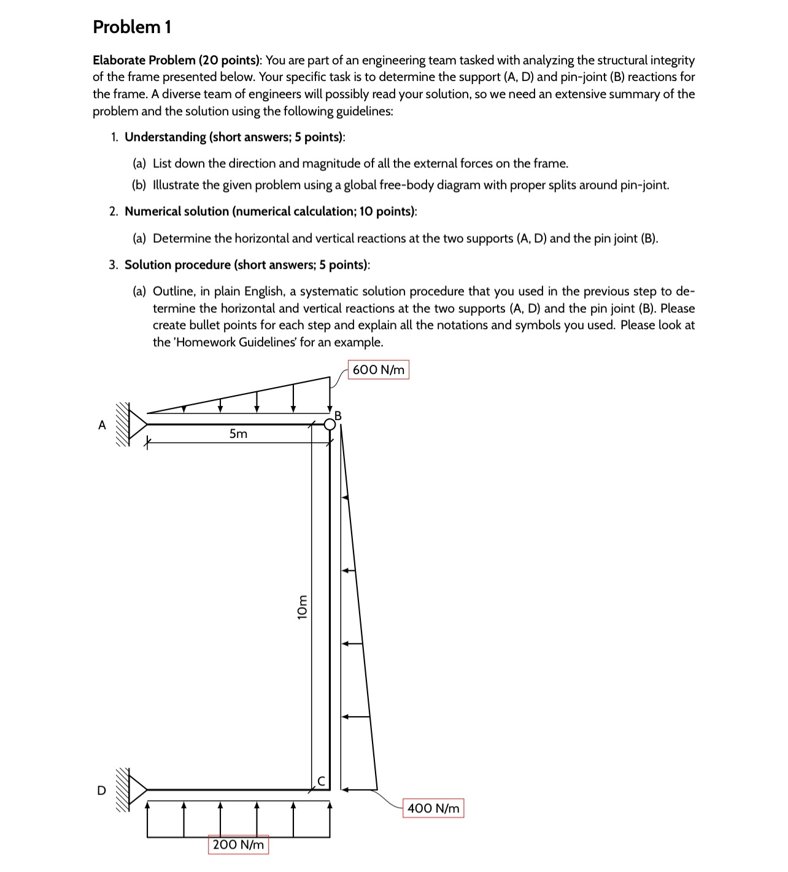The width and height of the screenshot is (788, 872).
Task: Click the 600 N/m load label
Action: coord(379,370)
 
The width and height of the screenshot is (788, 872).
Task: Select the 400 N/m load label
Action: coord(433,808)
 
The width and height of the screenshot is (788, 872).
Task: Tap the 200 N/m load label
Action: coord(238,844)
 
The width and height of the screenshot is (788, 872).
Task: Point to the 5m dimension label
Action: coord(238,434)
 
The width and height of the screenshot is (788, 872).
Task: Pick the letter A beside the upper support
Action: coord(102,425)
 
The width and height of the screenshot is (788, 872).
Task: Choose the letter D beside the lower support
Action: coord(101,790)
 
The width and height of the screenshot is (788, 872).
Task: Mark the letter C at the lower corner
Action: coord(320,781)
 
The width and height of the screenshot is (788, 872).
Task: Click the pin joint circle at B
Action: coord(330,424)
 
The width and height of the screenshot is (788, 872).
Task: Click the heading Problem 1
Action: coord(132,27)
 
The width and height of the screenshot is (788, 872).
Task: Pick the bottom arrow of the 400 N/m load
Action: coord(350,789)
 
